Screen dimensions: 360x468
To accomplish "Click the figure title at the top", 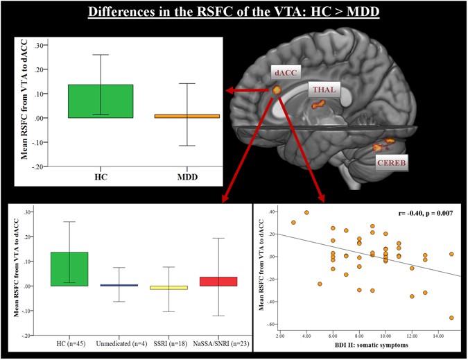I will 233,12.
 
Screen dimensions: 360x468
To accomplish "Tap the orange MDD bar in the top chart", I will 187,116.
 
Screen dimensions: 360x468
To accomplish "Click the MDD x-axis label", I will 187,177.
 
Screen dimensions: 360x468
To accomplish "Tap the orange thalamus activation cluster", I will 320,105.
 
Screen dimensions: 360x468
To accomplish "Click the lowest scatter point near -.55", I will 451,318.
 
